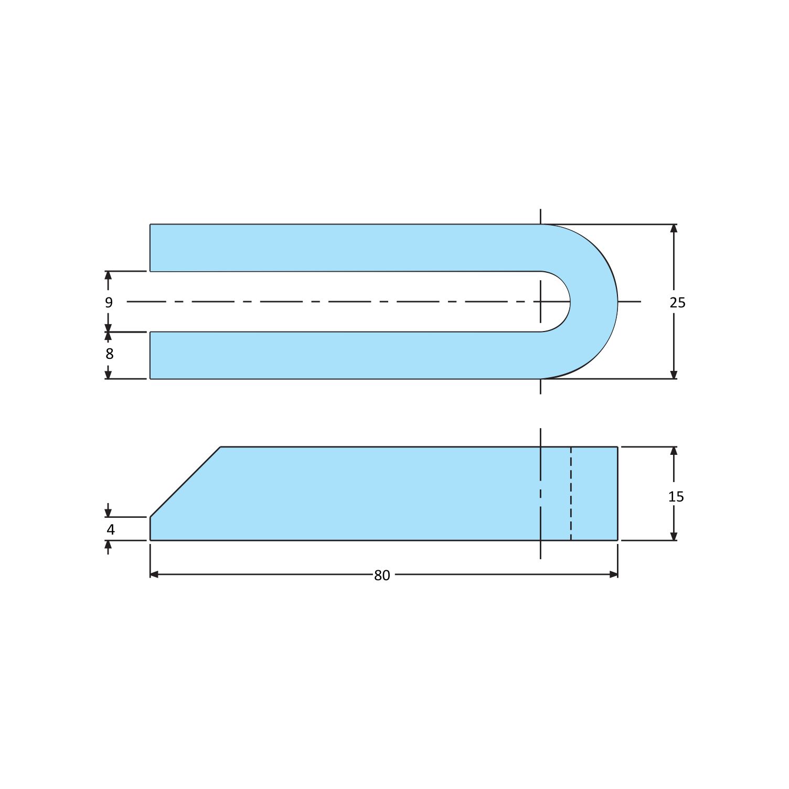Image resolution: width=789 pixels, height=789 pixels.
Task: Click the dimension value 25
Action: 677,303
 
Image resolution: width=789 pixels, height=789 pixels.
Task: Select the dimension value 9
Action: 109,303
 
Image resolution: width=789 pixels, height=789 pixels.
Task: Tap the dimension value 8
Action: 109,354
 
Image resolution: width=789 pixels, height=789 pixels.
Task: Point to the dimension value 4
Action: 110,530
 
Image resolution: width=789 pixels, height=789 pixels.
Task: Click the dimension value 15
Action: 676,496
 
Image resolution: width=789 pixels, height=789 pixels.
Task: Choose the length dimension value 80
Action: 382,575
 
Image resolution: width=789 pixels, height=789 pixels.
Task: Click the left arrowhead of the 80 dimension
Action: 154,574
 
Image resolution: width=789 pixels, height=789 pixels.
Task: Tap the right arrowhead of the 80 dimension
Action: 613,574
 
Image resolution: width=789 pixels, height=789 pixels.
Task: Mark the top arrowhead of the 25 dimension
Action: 674,229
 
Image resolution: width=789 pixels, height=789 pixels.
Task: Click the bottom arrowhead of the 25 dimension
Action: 674,374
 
